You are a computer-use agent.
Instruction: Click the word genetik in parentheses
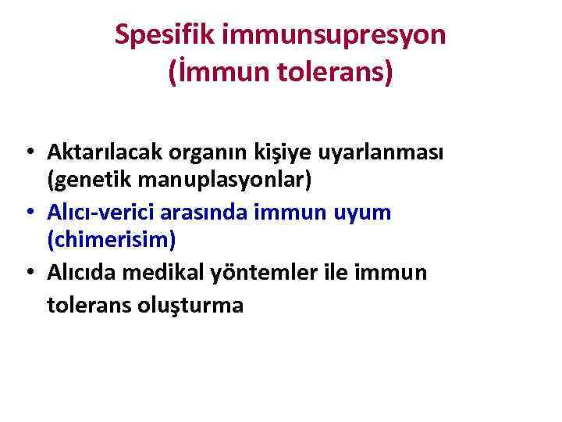[87, 181]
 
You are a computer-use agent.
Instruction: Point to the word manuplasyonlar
[222, 181]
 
